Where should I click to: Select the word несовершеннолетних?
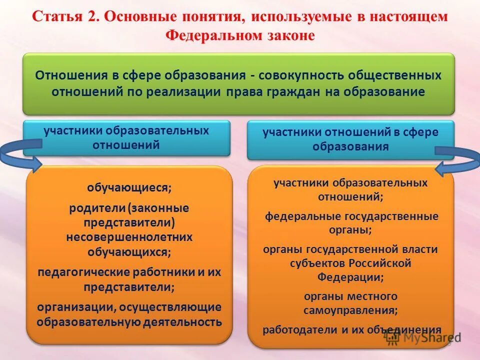129,237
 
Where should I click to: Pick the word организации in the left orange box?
72,306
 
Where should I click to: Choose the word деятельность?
182,321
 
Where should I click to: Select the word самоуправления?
350,310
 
